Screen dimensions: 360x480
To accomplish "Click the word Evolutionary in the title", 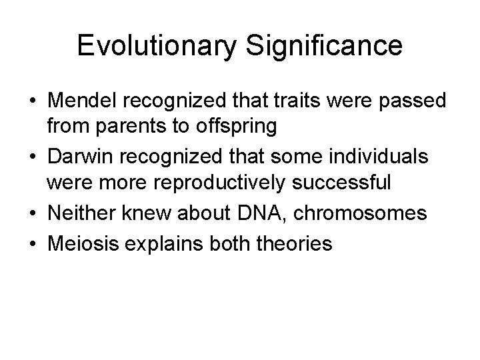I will point(155,46).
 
